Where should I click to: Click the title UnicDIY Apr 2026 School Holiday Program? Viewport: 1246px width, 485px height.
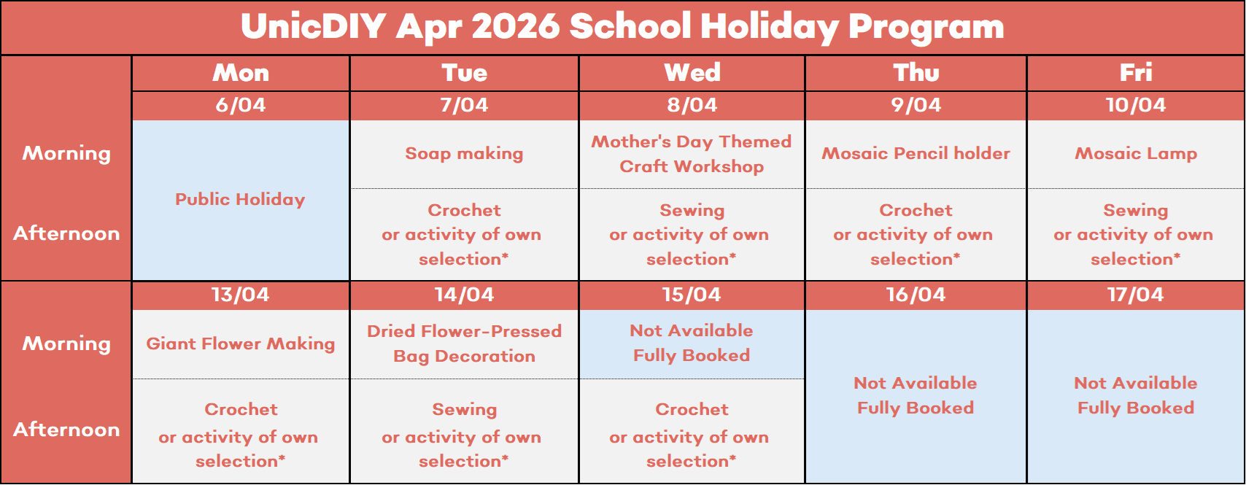[622, 27]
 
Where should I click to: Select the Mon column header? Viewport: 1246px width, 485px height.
[241, 73]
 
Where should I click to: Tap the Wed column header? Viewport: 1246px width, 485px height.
[692, 73]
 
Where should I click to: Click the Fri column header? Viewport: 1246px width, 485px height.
[1135, 73]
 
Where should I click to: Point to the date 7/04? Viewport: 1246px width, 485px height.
[464, 105]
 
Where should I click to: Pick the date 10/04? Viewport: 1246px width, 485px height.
[1135, 105]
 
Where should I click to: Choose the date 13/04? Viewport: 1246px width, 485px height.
[240, 295]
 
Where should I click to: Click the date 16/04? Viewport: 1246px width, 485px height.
[916, 295]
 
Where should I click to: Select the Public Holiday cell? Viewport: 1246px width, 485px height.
[240, 200]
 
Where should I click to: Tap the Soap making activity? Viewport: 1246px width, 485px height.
[464, 153]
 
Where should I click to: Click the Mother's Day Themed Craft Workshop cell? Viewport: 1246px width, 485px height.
[692, 154]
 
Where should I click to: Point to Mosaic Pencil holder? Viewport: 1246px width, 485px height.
[916, 153]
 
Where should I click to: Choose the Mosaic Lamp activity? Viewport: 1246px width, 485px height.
[1135, 153]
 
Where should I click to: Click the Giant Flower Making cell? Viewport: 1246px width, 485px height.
[240, 344]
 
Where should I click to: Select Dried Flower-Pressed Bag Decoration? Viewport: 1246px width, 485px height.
[464, 344]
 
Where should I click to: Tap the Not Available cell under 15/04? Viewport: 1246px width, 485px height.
[692, 344]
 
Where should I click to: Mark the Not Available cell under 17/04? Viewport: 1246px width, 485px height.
[1135, 395]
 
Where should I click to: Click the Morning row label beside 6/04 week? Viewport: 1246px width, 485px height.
[66, 154]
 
